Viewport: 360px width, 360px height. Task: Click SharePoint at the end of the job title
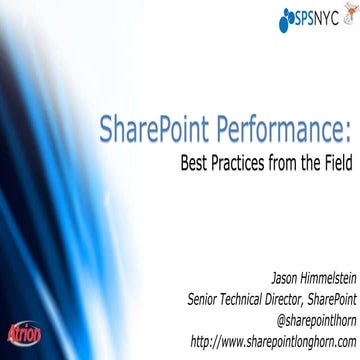coord(329,293)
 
